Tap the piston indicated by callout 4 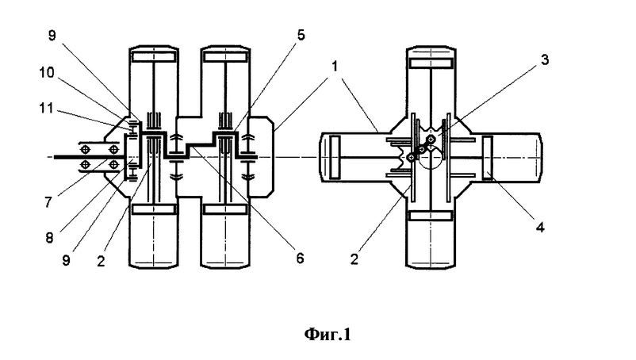(487, 159)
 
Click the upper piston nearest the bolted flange (154, 59)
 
